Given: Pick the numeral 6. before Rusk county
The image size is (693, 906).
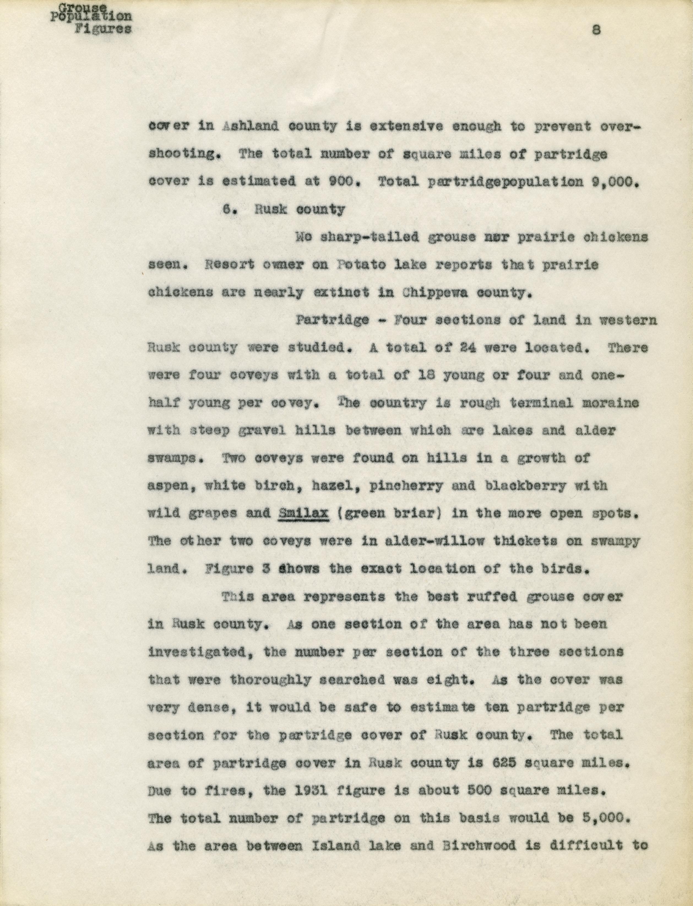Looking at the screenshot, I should (x=229, y=210).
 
